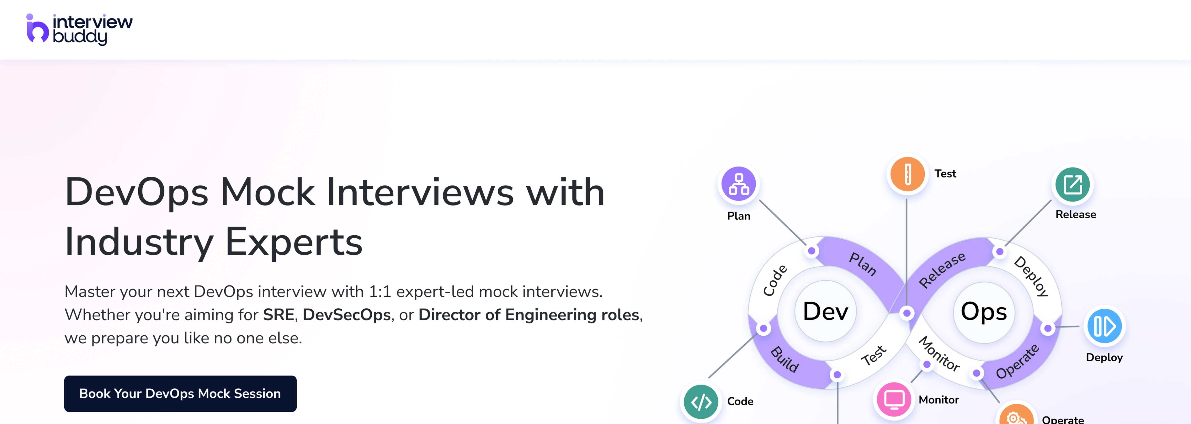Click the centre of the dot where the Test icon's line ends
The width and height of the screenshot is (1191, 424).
click(x=907, y=313)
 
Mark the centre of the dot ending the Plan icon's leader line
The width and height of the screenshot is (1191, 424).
click(x=811, y=251)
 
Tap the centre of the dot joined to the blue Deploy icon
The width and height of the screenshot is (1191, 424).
click(x=1048, y=328)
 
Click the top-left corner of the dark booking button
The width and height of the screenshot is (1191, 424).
click(x=65, y=376)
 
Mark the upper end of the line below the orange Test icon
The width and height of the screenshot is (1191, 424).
click(x=907, y=199)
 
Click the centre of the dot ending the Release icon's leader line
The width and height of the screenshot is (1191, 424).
click(x=1000, y=251)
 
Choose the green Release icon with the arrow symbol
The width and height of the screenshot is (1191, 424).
click(x=1073, y=185)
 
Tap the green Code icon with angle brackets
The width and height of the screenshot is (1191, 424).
click(x=701, y=402)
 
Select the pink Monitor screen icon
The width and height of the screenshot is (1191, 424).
click(x=894, y=399)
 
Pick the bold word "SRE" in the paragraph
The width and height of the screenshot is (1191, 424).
click(x=279, y=315)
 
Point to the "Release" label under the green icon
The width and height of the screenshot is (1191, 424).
click(x=1075, y=215)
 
